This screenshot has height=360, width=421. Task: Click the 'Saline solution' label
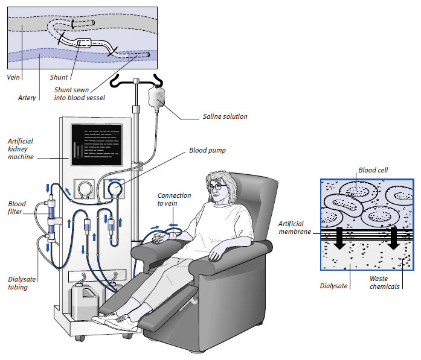[x=225, y=116]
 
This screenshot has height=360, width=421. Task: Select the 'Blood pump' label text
[x=207, y=151]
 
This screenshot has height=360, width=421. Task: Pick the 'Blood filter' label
[x=17, y=207]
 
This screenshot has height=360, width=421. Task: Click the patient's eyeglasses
[x=215, y=187]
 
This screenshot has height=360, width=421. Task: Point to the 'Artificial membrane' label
[x=296, y=227]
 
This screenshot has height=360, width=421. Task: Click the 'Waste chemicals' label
[x=385, y=282]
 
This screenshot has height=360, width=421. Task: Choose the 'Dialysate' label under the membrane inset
[x=333, y=286]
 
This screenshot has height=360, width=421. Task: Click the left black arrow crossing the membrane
[x=341, y=237]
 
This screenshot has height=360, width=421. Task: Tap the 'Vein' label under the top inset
[x=13, y=77]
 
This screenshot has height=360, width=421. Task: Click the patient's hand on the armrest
[x=159, y=240]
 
